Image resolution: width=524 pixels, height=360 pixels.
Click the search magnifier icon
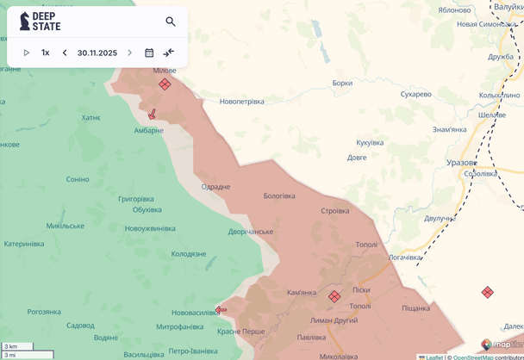(171, 22)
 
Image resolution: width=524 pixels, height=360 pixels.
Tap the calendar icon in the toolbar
(149, 53)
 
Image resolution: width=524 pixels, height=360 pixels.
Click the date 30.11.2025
(97, 53)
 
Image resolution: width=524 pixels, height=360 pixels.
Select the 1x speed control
(46, 53)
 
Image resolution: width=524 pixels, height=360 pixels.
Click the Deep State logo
(41, 22)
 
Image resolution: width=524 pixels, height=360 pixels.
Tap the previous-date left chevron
(65, 53)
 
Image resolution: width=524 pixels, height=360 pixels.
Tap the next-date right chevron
(130, 53)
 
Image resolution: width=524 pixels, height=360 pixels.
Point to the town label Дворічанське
(251, 232)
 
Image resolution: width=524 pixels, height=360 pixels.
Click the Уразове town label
(462, 162)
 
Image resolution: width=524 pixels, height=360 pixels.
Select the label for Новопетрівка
(242, 102)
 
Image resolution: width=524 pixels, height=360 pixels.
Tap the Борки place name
(342, 84)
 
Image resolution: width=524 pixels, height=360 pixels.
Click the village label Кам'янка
(302, 293)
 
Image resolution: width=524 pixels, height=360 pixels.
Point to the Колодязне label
(189, 254)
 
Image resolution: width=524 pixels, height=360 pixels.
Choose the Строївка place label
(335, 211)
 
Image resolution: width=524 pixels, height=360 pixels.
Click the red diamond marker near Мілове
(165, 84)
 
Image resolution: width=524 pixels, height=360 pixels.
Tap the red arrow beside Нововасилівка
(221, 310)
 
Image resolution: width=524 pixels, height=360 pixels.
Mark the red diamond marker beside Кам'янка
(334, 296)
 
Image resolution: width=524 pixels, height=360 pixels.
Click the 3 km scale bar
(17, 346)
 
